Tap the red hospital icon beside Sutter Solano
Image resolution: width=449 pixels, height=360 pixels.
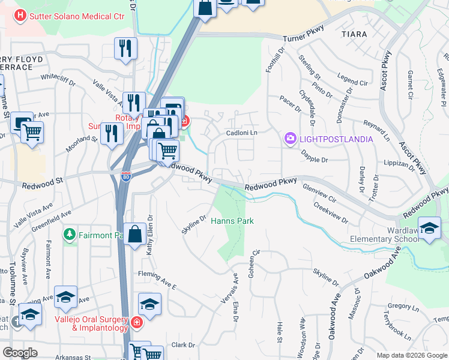click(20, 16)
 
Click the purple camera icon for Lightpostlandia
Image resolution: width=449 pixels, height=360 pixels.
click(291, 139)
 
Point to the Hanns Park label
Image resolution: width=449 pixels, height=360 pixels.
click(232, 221)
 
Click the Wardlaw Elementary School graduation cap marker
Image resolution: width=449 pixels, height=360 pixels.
click(430, 228)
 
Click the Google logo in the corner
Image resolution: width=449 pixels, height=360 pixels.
click(20, 353)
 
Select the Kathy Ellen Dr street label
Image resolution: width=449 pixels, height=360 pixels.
click(150, 235)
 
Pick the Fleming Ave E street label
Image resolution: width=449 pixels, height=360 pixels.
click(157, 279)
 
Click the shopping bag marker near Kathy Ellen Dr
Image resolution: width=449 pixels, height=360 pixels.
click(135, 234)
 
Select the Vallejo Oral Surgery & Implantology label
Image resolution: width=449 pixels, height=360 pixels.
click(92, 323)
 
